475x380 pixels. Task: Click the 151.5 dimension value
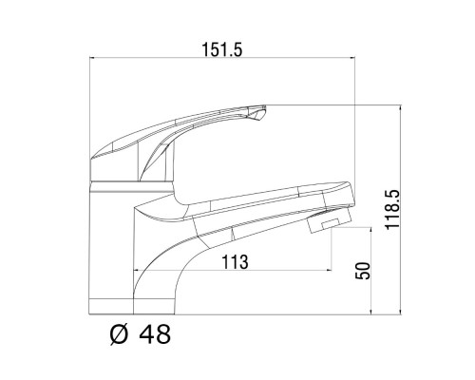tap(222, 49)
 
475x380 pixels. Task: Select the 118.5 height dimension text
tap(392, 210)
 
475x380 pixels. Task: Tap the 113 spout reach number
tap(235, 262)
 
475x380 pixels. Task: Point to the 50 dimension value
tap(363, 271)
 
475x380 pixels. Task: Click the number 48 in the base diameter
tap(155, 334)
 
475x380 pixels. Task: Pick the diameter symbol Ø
tap(120, 334)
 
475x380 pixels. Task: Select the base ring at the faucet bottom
tap(111, 307)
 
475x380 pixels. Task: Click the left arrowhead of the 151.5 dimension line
tap(92, 58)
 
